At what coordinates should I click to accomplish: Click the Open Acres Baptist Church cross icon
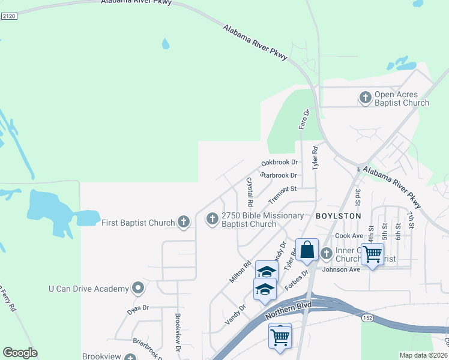tap(365, 97)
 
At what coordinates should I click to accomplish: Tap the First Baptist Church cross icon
tap(184, 223)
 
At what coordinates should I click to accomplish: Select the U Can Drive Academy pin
tap(138, 288)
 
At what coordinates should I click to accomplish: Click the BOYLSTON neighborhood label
tap(339, 215)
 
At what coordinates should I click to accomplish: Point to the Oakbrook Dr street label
tap(280, 163)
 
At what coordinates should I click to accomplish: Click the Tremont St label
tap(283, 193)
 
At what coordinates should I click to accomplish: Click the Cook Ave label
tap(349, 236)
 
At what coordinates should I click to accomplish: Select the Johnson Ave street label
tap(341, 269)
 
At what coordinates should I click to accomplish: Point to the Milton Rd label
tap(240, 272)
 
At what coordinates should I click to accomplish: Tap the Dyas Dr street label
tap(137, 308)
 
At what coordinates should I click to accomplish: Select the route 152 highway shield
tap(367, 317)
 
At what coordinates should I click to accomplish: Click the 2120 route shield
tap(9, 16)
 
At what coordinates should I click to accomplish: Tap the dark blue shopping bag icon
tap(307, 250)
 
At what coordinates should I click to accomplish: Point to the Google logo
tap(20, 353)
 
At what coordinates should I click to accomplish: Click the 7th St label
tap(411, 220)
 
